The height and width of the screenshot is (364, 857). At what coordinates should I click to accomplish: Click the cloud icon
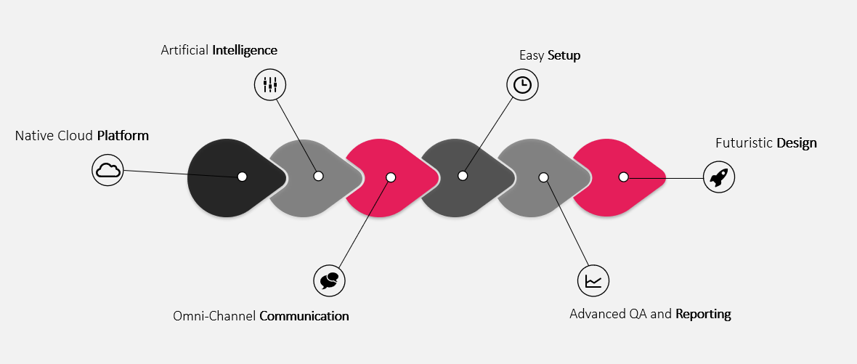(107, 170)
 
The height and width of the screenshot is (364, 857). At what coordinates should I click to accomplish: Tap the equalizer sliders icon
(270, 85)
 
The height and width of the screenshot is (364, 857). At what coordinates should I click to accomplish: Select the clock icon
(522, 85)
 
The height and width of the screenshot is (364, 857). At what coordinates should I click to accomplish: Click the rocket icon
(719, 177)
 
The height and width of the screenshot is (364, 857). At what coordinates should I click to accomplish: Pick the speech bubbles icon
(330, 281)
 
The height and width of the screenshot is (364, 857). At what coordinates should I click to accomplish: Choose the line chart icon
(593, 281)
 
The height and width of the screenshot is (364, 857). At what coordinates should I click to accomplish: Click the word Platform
(123, 136)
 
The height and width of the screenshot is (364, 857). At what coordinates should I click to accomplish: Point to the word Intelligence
(245, 50)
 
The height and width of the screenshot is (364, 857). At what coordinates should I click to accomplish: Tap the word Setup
(564, 56)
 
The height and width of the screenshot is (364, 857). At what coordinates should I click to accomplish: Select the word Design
(797, 143)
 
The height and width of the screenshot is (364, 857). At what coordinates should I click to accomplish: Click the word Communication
(304, 316)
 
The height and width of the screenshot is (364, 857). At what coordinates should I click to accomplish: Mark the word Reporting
(704, 315)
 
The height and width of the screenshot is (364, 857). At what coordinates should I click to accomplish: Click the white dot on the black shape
(242, 176)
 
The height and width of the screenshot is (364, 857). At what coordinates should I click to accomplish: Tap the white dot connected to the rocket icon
(623, 177)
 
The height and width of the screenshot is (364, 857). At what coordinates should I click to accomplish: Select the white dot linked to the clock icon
(463, 175)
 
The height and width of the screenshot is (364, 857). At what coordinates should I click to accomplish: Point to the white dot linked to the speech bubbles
(391, 177)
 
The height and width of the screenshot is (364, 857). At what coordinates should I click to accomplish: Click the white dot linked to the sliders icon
(319, 176)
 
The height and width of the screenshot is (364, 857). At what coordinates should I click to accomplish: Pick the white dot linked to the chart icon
(543, 177)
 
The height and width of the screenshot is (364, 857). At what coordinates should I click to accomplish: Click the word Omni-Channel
(215, 316)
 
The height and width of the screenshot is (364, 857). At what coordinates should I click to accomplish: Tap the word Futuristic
(744, 143)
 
